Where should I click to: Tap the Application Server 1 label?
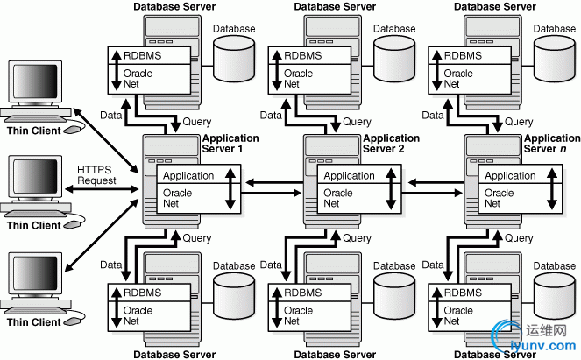[x=230, y=143]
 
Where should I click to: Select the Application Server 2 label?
[x=391, y=143]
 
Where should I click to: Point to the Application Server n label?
[x=551, y=143]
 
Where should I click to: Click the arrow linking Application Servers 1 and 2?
[x=274, y=183]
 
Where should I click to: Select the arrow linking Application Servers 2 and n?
[x=436, y=183]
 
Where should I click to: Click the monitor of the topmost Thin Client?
[x=32, y=86]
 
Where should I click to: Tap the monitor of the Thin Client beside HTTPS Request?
[x=32, y=180]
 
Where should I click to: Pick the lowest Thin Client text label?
[x=34, y=321]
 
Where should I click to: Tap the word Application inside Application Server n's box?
[x=510, y=176]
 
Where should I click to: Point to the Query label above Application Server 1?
[x=196, y=122]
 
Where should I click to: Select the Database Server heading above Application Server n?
[x=495, y=6]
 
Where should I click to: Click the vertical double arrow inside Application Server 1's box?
[x=230, y=187]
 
